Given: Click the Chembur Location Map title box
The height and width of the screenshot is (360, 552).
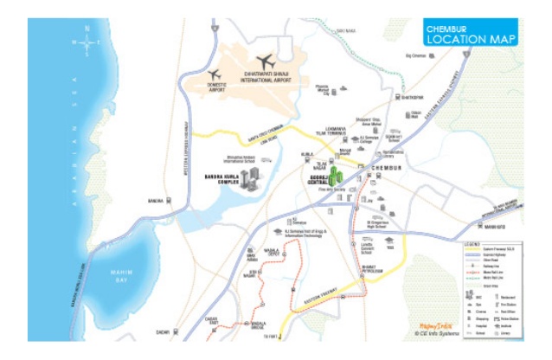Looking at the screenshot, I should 471,35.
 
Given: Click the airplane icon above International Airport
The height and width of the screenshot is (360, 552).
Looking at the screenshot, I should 265,61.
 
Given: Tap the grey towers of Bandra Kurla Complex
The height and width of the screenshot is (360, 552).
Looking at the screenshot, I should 251,181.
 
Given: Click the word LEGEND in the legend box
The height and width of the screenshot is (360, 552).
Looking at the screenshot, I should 490,245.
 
